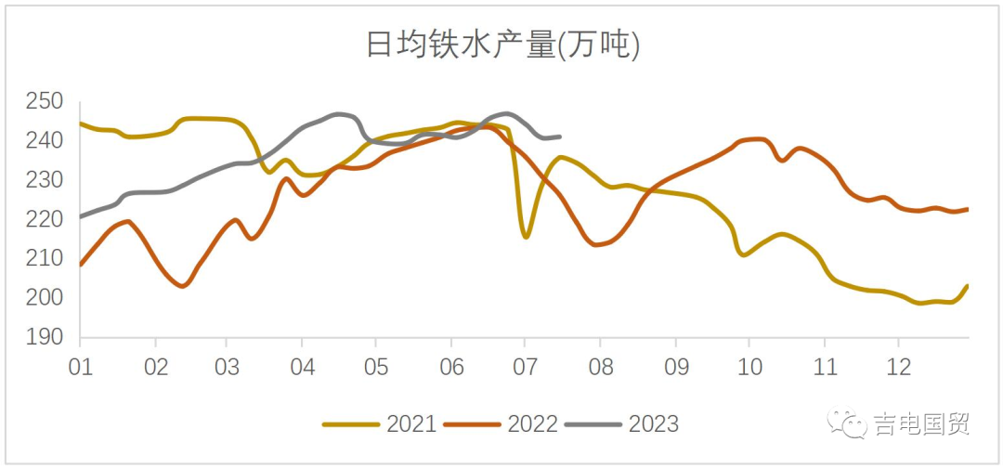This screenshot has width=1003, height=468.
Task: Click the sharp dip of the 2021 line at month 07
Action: [x=526, y=237]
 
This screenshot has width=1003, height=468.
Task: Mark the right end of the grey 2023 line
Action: [x=560, y=136]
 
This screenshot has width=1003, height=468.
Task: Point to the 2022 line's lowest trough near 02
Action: [x=182, y=286]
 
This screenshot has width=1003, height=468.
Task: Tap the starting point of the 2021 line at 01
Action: [x=81, y=123]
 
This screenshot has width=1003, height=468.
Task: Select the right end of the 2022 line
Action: [x=968, y=209]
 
